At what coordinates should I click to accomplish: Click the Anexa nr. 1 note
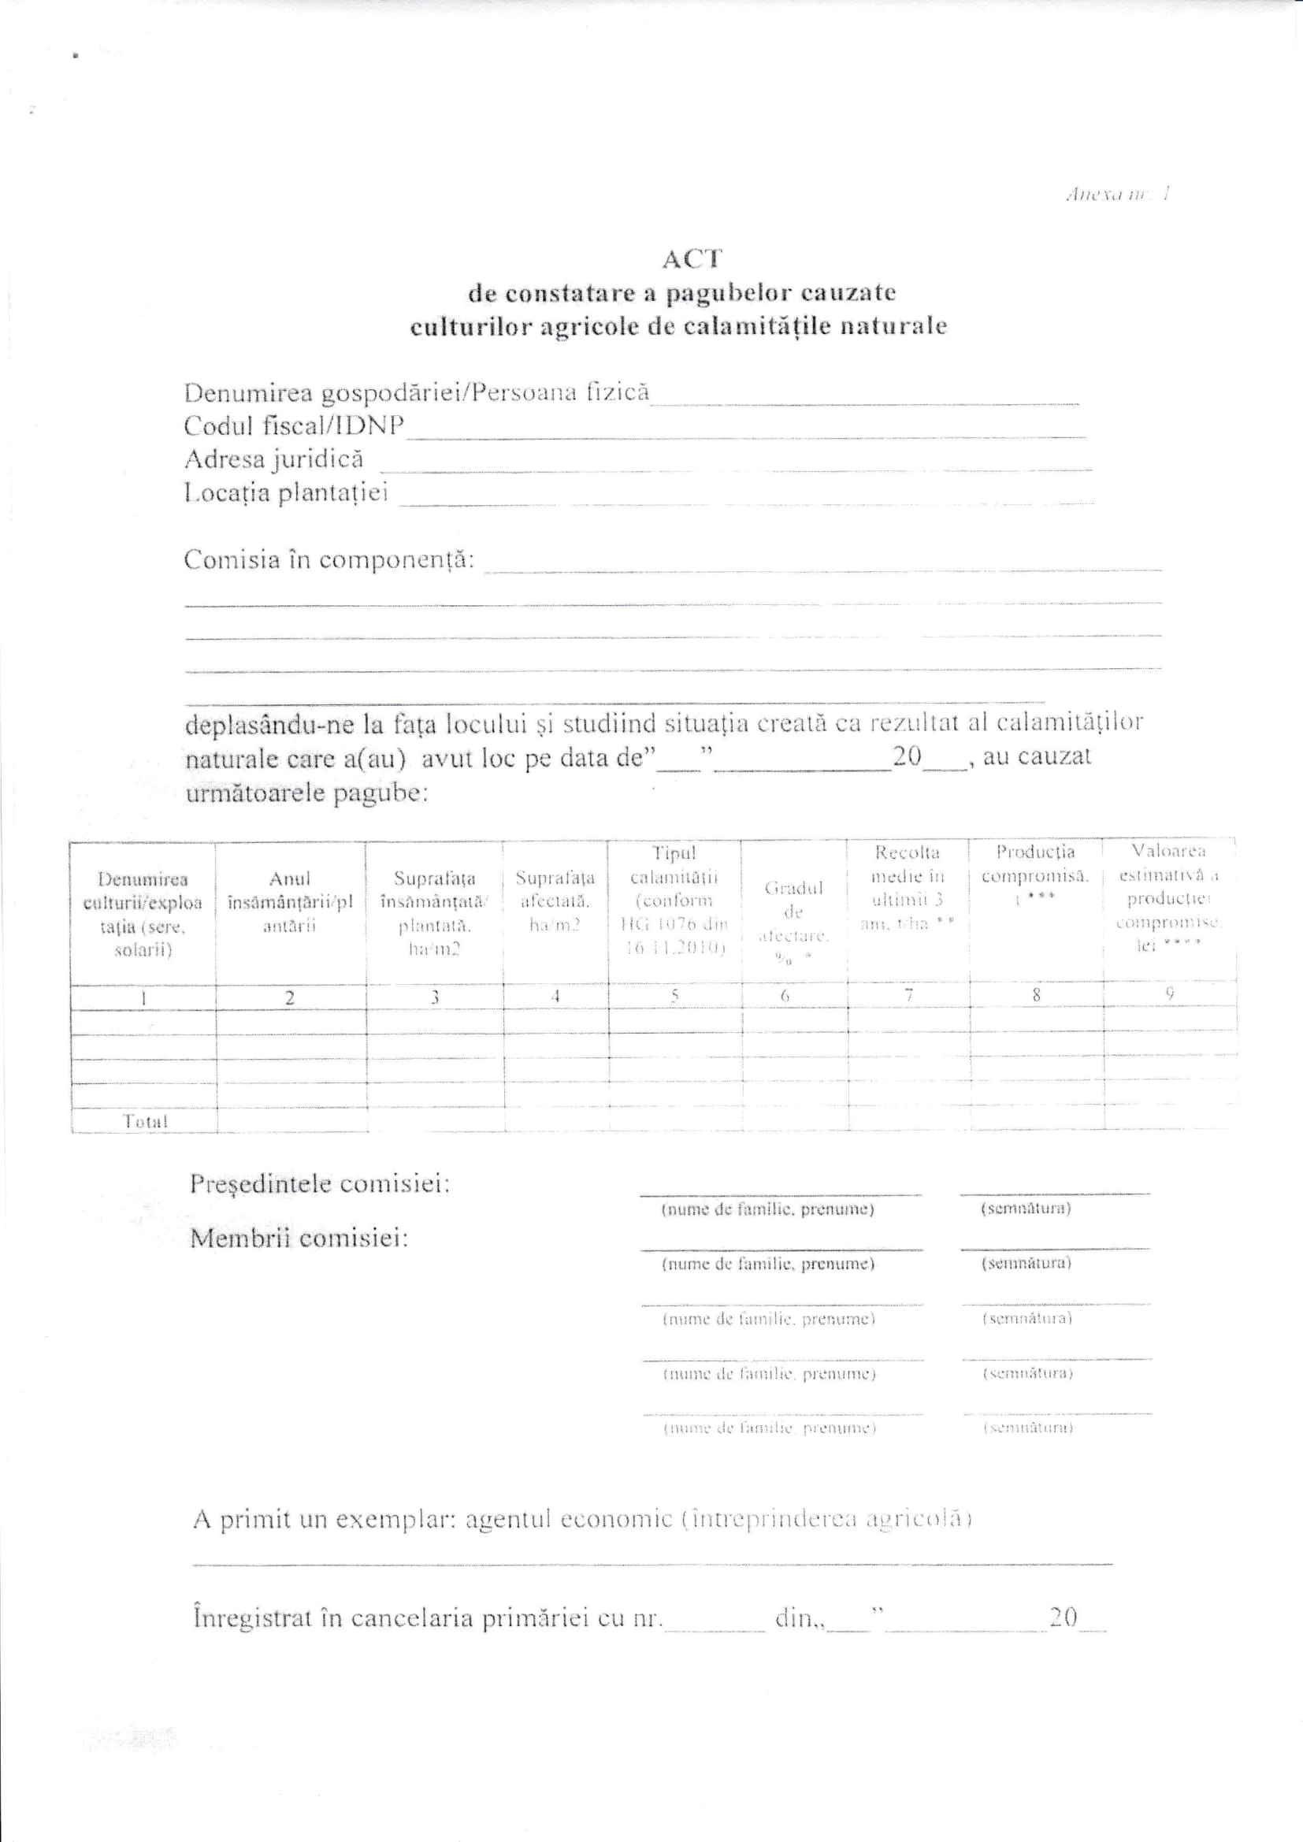click(x=1119, y=193)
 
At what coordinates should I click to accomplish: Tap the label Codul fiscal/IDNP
click(x=294, y=425)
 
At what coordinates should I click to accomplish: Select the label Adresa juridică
click(x=273, y=459)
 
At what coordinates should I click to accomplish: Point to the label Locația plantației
click(x=286, y=492)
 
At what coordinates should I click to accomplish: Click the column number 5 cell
click(x=674, y=996)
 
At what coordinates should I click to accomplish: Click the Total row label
click(x=144, y=1122)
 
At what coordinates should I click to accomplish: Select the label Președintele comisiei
click(x=319, y=1184)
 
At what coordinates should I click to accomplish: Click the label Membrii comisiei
click(x=299, y=1239)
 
